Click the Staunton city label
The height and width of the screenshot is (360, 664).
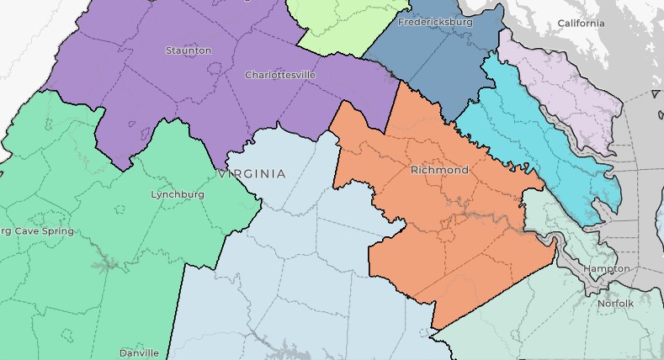[x=189, y=50]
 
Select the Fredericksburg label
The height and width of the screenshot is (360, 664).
[x=435, y=22]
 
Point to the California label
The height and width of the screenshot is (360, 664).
[x=581, y=24]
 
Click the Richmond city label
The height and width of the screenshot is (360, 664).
[x=439, y=170]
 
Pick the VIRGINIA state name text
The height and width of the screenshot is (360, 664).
[x=252, y=174]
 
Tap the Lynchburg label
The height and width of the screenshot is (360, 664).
[x=178, y=194]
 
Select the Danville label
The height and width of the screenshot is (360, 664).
[x=139, y=352]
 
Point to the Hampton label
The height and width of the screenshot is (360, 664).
[x=606, y=268]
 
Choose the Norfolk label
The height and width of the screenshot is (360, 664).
[x=614, y=303]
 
